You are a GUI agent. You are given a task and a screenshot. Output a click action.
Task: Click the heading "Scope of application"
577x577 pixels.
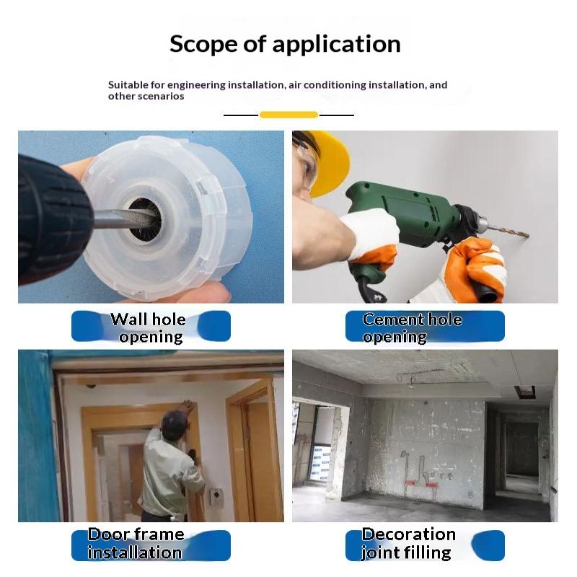[x=285, y=44]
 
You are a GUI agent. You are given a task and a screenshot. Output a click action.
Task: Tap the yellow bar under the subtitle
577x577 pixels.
[x=288, y=115]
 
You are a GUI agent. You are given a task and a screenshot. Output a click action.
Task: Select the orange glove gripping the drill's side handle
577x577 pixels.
[x=477, y=268]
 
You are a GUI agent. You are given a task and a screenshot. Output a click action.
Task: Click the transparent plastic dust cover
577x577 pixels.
[x=167, y=217]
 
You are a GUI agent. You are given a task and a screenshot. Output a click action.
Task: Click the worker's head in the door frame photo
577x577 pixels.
[x=175, y=424]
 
